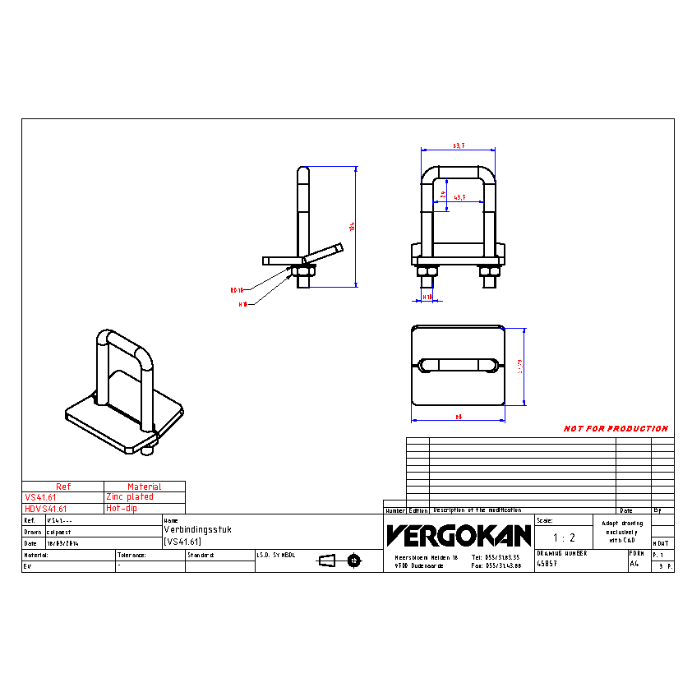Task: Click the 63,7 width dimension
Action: [x=458, y=145]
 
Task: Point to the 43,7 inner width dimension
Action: [x=459, y=197]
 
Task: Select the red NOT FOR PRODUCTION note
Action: [x=616, y=429]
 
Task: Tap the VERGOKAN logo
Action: [x=459, y=536]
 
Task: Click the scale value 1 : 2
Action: [x=563, y=537]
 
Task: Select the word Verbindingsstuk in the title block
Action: [x=198, y=530]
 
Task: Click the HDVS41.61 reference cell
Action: [x=46, y=509]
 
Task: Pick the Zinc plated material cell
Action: [x=129, y=497]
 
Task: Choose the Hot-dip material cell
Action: [x=122, y=509]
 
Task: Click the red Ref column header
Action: [x=63, y=487]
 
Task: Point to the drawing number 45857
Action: [x=547, y=564]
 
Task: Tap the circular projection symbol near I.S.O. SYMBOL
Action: [x=354, y=561]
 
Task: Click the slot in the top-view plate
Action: [x=457, y=364]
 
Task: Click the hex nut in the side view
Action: [x=301, y=270]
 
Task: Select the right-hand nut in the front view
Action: [x=490, y=270]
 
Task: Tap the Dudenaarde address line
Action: [x=414, y=565]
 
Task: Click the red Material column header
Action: [x=145, y=487]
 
